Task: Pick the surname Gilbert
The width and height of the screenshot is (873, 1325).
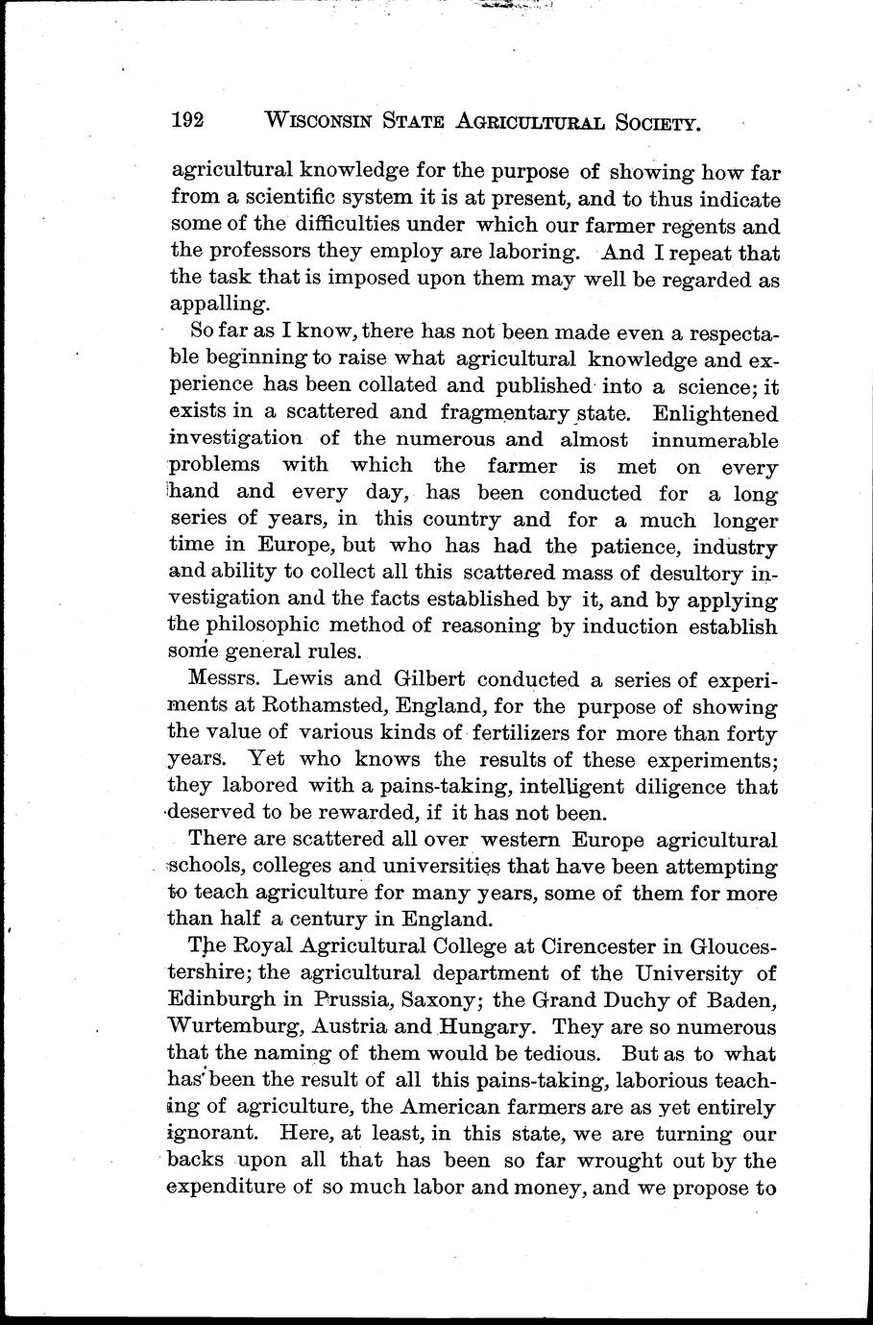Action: [420, 679]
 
